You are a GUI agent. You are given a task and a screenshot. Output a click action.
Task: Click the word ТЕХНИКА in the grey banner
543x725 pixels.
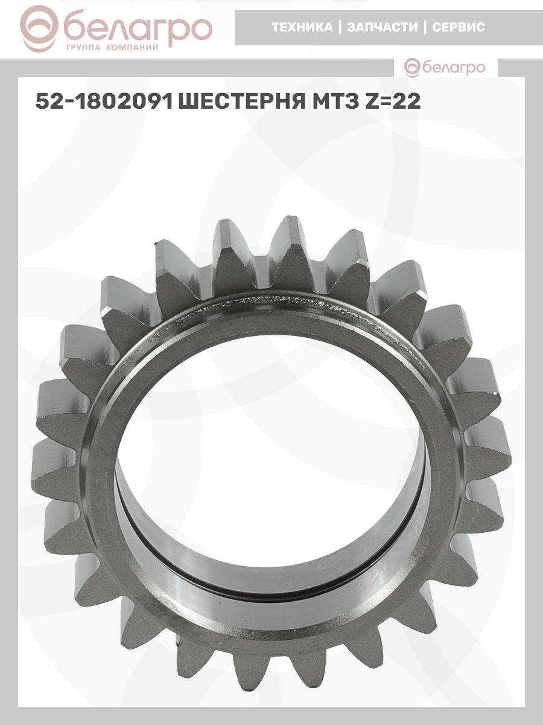302,27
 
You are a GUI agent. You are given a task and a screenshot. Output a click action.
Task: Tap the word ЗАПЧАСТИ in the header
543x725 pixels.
383,27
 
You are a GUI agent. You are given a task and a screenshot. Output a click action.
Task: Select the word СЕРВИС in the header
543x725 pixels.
459,27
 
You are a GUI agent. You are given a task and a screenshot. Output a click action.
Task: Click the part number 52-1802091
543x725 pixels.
104,101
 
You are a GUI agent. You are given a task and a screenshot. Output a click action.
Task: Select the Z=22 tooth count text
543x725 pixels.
392,101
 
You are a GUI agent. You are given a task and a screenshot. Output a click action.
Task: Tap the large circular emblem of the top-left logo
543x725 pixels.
39,28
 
